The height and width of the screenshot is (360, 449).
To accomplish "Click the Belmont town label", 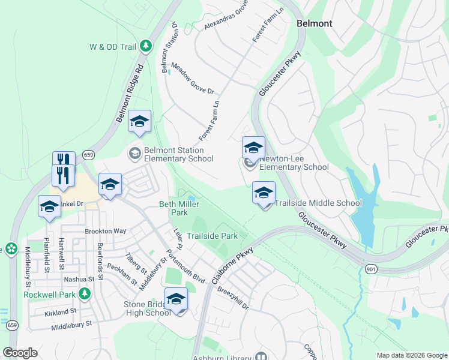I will [315, 23].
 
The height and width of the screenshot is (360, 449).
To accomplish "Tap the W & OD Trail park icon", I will [145, 46].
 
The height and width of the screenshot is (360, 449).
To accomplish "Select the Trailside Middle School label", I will [318, 203].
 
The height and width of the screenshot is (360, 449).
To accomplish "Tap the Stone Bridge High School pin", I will [176, 299].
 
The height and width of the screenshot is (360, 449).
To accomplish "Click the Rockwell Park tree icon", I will [85, 294].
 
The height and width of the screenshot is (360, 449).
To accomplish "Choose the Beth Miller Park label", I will [173, 208].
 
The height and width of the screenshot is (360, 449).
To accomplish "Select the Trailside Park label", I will [212, 236].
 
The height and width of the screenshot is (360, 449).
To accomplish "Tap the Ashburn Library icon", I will [261, 357].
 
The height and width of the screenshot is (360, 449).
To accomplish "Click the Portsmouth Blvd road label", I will [188, 268].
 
